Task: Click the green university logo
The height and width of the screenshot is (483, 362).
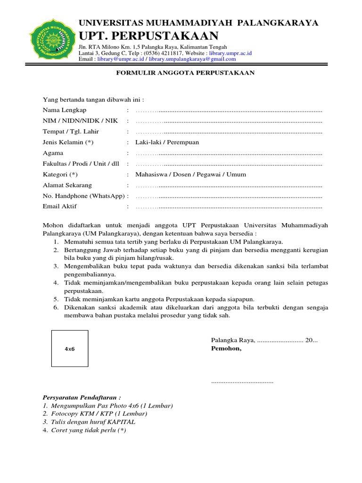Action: (x=51, y=39)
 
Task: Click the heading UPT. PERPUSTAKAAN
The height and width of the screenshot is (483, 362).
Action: (x=148, y=35)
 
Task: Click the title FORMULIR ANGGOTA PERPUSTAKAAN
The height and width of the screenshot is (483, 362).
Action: (x=185, y=73)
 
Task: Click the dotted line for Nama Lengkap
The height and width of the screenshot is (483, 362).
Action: (x=229, y=110)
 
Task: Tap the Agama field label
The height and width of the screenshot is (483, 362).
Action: (x=53, y=153)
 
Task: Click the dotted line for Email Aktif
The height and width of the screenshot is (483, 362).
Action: (x=229, y=207)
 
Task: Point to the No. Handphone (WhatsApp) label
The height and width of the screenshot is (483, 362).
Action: (x=83, y=196)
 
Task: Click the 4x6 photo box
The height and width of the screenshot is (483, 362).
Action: (x=70, y=349)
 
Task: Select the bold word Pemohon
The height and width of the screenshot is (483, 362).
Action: (x=226, y=349)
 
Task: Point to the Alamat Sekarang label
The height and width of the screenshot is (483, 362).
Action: (x=67, y=185)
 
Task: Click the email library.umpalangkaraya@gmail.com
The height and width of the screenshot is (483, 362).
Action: (x=192, y=59)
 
